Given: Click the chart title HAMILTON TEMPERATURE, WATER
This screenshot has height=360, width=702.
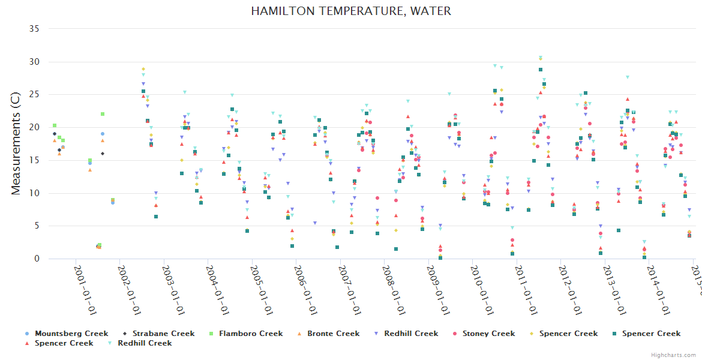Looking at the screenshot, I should (x=351, y=11).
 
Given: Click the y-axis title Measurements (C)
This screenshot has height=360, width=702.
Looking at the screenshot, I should (x=16, y=143).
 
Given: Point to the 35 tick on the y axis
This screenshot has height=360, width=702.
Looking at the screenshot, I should (x=35, y=29).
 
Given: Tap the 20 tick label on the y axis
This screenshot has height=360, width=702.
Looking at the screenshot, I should (x=35, y=127).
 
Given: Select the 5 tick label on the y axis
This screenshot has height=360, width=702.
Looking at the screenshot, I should (x=37, y=226).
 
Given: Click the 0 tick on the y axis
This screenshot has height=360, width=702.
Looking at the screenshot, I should (x=37, y=259).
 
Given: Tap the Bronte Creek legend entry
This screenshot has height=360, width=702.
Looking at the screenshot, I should (x=333, y=334).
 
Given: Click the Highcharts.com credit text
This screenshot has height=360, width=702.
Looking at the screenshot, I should (x=673, y=355).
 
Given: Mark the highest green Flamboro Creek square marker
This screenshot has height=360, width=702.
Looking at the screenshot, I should (x=103, y=114).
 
